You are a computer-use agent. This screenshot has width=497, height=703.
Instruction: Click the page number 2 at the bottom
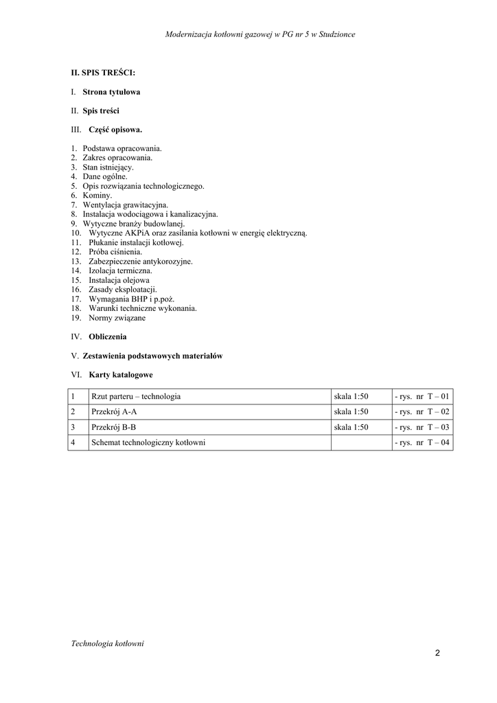pyautogui.click(x=437, y=653)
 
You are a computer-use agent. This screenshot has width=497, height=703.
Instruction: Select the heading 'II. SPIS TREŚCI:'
pyautogui.click(x=103, y=72)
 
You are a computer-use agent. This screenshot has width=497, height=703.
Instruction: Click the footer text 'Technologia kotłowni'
pyautogui.click(x=107, y=643)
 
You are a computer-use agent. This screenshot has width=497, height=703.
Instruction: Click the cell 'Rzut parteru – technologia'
pyautogui.click(x=136, y=397)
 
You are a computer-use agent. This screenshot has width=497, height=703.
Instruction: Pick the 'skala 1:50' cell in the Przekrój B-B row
pyautogui.click(x=351, y=427)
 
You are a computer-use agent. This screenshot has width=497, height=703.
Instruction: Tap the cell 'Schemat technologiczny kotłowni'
pyautogui.click(x=148, y=443)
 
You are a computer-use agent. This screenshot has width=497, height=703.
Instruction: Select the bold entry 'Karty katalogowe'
pyautogui.click(x=121, y=375)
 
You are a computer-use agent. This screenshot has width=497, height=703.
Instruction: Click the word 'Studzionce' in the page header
pyautogui.click(x=336, y=34)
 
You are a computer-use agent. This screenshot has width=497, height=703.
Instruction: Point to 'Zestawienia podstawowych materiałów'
pyautogui.click(x=152, y=356)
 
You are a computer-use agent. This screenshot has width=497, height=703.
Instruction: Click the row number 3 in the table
pyautogui.click(x=73, y=427)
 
